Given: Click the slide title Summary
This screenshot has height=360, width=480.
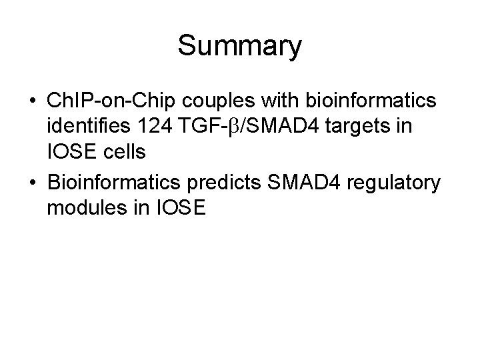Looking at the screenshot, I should point(240,46).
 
